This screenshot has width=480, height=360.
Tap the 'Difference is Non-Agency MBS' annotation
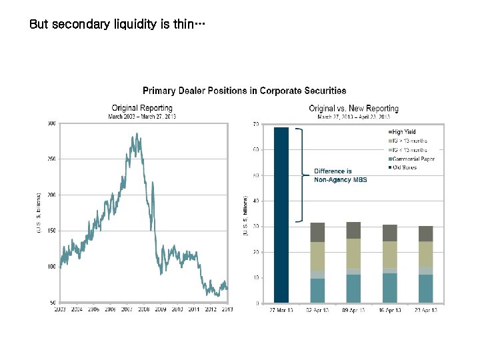pos(340,175)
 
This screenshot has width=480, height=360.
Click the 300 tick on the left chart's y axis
pos(51,123)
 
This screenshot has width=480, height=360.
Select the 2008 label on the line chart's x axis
pos(144,309)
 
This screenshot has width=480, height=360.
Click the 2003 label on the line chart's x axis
pos(60,309)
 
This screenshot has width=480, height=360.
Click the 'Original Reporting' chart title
pos(142,108)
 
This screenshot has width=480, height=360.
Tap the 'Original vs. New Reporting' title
pos(353,108)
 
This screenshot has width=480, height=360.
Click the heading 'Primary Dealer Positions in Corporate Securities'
pos(244,91)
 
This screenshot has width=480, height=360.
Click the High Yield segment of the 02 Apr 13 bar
pos(317,232)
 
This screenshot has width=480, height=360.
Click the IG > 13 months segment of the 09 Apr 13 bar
pos(353,253)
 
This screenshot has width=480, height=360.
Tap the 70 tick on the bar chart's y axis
pos(256,124)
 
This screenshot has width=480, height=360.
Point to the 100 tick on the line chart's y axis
pos(51,267)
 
